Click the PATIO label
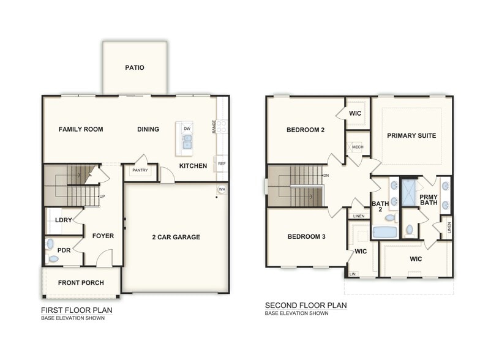pyautogui.click(x=135, y=67)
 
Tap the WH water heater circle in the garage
pyautogui.click(x=222, y=190)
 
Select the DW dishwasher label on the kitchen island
pyautogui.click(x=187, y=129)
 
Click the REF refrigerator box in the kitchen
pyautogui.click(x=222, y=164)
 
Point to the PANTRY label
pyautogui.click(x=140, y=170)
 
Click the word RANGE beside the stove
pyautogui.click(x=214, y=126)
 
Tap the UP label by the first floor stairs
pyautogui.click(x=102, y=196)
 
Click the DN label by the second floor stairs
pyautogui.click(x=326, y=175)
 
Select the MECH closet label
pyautogui.click(x=358, y=147)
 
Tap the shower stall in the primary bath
pyautogui.click(x=409, y=193)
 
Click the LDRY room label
pyautogui.click(x=64, y=220)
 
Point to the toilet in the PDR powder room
pyautogui.click(x=53, y=259)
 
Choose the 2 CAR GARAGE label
pyautogui.click(x=176, y=238)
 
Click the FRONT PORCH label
pyautogui.click(x=81, y=283)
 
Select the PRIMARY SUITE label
pyautogui.click(x=411, y=136)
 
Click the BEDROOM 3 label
pyautogui.click(x=306, y=236)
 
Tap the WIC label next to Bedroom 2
pyautogui.click(x=355, y=114)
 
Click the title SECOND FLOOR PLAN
pyautogui.click(x=306, y=306)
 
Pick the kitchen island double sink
pyautogui.click(x=187, y=141)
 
